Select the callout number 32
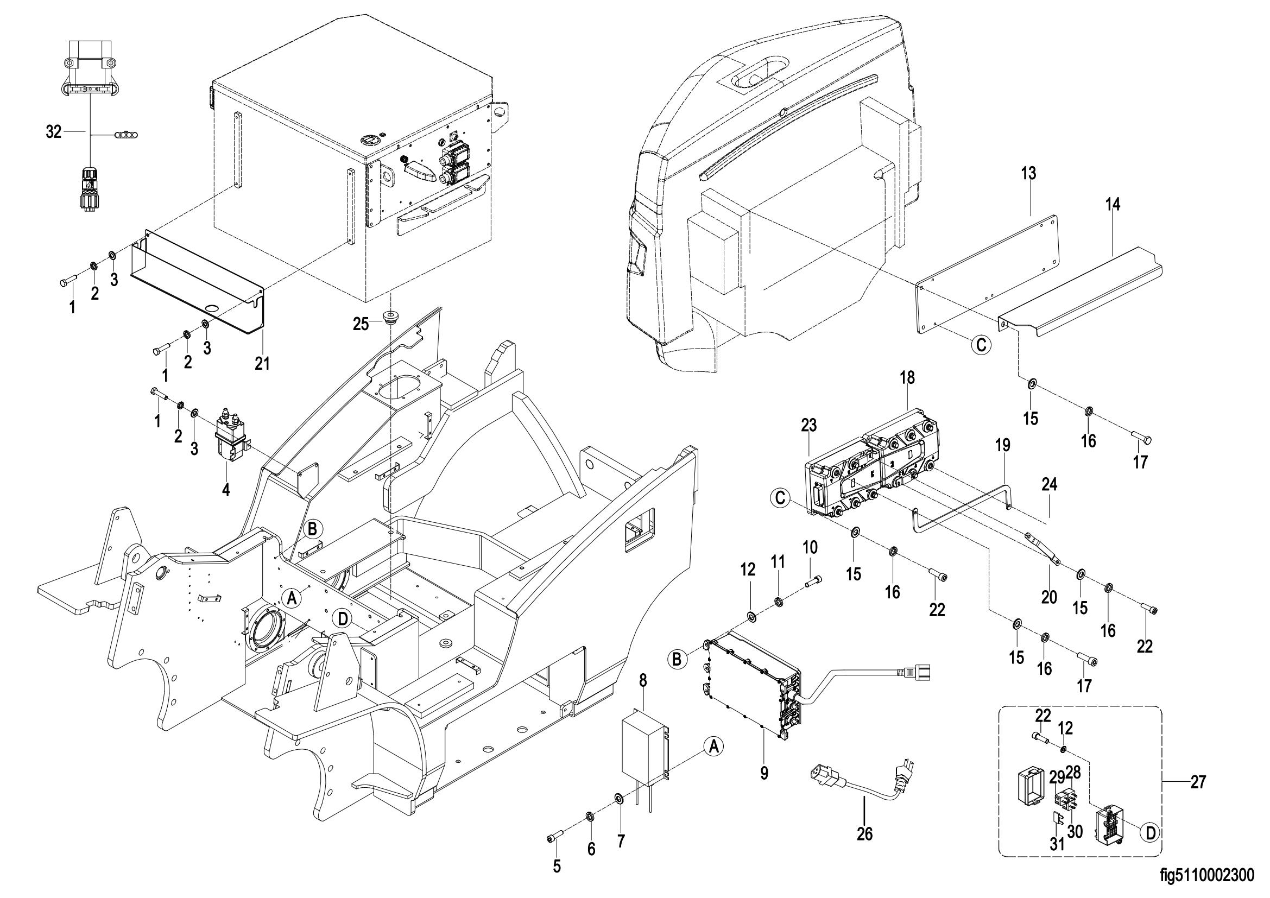(54, 132)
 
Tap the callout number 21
(262, 363)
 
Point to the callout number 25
(361, 324)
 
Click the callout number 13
(1028, 173)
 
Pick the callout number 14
(1113, 204)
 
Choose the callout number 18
(907, 378)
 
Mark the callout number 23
(808, 425)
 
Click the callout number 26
(864, 849)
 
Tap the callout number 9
(764, 773)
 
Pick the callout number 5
(557, 866)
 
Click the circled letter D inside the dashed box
(1150, 848)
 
